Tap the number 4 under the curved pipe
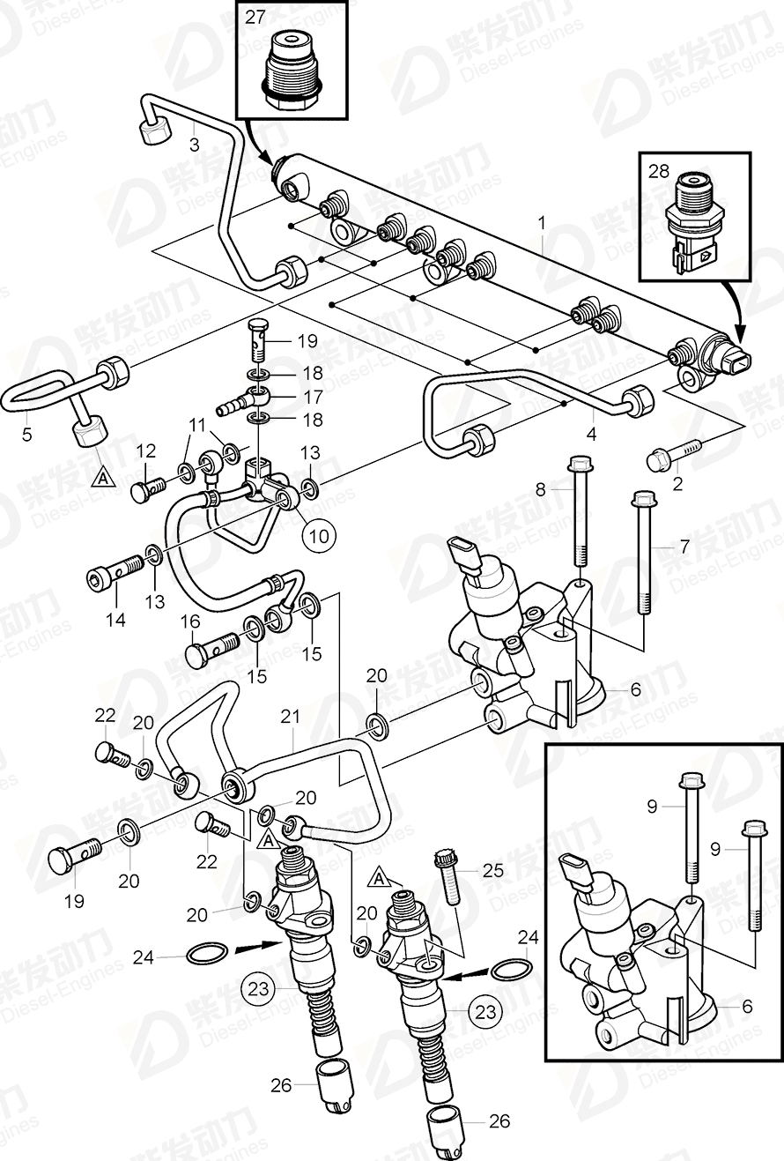591,434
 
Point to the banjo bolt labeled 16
211,648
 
